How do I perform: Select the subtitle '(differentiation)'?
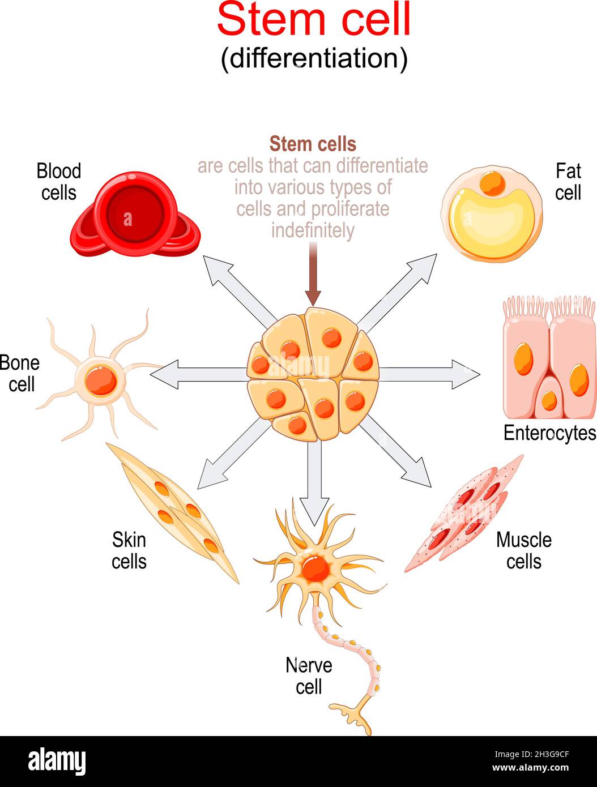click(x=313, y=59)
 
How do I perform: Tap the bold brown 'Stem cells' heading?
click(x=313, y=144)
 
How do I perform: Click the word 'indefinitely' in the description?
click(x=313, y=230)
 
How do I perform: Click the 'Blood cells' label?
click(x=58, y=182)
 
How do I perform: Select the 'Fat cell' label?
click(x=568, y=182)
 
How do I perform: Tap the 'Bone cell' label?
click(x=20, y=373)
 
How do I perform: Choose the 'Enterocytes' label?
click(x=549, y=433)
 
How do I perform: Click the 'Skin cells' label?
click(x=129, y=550)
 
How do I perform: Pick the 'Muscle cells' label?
click(x=523, y=550)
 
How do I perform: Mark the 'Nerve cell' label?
click(x=309, y=675)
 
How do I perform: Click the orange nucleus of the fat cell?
click(x=492, y=183)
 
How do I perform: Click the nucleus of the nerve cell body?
click(x=315, y=566)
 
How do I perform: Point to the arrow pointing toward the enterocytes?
click(x=430, y=374)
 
